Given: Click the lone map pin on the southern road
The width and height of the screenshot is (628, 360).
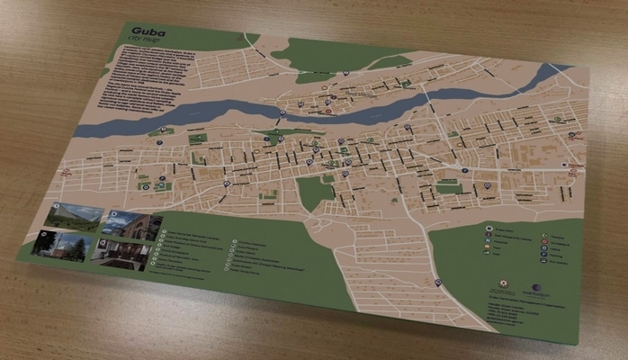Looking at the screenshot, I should [x=437, y=283].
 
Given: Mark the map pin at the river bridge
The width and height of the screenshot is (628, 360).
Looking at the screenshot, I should [x=282, y=113].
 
